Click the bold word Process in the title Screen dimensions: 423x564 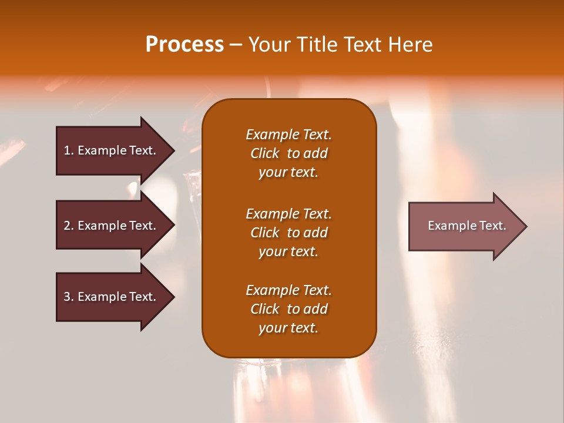pyautogui.click(x=184, y=45)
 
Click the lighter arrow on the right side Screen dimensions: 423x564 pyautogui.click(x=464, y=226)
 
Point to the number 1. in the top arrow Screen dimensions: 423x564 pyautogui.click(x=69, y=150)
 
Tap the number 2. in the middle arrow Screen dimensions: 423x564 pyautogui.click(x=69, y=226)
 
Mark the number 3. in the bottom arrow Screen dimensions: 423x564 pyautogui.click(x=69, y=297)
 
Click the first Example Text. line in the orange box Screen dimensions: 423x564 pyautogui.click(x=288, y=135)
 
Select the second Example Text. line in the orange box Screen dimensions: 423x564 pyautogui.click(x=288, y=213)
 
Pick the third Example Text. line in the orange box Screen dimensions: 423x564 pyautogui.click(x=288, y=290)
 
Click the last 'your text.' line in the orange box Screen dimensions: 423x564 pyautogui.click(x=288, y=328)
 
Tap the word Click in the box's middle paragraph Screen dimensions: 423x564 pyautogui.click(x=265, y=233)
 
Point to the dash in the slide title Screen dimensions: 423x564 pyautogui.click(x=235, y=45)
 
